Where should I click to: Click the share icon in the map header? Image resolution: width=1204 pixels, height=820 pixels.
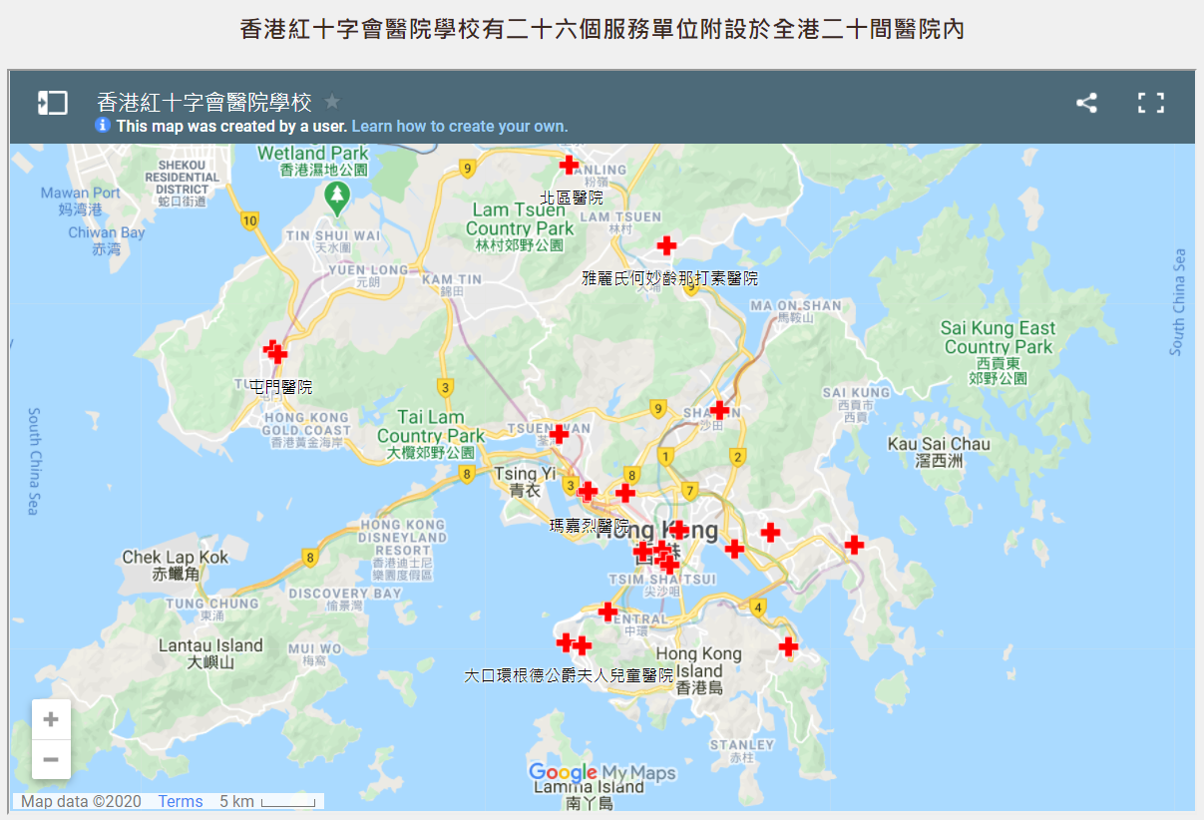(x=1086, y=103)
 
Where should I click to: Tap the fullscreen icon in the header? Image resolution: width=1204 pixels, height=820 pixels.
(x=1151, y=103)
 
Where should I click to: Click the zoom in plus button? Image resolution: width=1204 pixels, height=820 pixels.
(x=51, y=719)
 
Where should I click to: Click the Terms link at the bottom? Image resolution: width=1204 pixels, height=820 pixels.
(x=180, y=801)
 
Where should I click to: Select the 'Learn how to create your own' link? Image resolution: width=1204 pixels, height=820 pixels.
(x=460, y=127)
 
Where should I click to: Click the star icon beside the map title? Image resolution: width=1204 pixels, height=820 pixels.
(x=332, y=102)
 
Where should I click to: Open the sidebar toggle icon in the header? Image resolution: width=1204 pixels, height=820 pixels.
(x=53, y=103)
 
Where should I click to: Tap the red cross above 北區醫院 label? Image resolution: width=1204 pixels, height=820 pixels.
(x=570, y=165)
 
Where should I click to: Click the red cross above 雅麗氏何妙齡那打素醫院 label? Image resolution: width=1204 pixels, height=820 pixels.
(x=666, y=245)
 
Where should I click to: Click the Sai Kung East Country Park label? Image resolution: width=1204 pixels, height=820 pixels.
(x=999, y=338)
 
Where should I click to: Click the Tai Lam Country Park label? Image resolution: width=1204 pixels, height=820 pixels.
(x=430, y=426)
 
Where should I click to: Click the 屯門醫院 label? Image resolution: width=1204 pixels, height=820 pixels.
(x=280, y=387)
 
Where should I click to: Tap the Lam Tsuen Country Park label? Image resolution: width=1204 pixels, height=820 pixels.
(x=519, y=218)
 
